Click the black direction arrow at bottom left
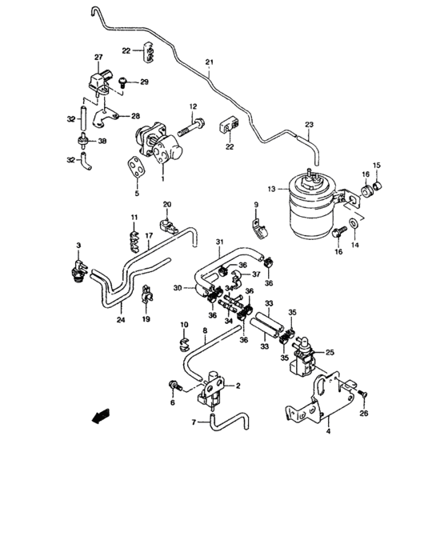101,414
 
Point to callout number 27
98,58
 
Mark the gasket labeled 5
138,166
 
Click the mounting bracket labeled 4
320,403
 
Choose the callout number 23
310,124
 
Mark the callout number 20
167,205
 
